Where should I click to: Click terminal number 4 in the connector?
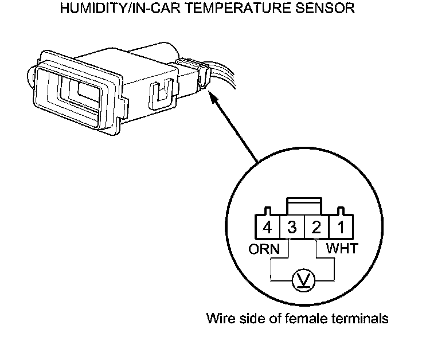(267, 228)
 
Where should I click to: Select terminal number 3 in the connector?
(292, 228)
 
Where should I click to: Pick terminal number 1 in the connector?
(341, 228)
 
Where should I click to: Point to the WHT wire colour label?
(342, 249)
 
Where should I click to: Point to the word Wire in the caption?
(220, 318)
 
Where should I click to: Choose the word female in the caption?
(314, 318)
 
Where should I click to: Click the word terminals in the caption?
(364, 318)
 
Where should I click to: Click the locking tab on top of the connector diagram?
(304, 205)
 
